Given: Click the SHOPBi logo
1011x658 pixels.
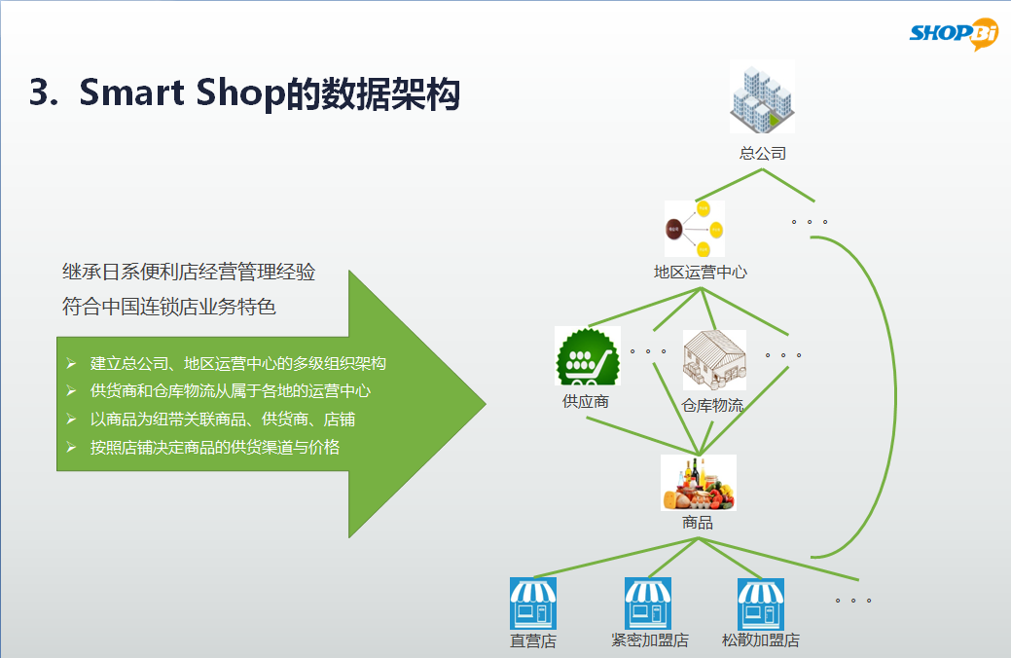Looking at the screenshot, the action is click(x=954, y=33).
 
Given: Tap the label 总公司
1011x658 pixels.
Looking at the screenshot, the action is click(x=763, y=154).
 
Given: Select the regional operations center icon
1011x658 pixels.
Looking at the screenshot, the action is click(x=695, y=229).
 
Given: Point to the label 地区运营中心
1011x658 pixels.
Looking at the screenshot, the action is click(x=701, y=273).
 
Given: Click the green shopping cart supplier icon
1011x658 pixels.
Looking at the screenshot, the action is click(x=588, y=356).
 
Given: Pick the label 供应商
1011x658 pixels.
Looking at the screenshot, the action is click(x=586, y=401).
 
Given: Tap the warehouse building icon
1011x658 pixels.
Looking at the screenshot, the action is click(x=714, y=360).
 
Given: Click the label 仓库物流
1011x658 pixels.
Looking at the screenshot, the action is click(x=712, y=405).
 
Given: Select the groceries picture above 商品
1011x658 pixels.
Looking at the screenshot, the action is click(x=699, y=483).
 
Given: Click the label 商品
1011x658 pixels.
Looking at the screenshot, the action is click(x=698, y=523).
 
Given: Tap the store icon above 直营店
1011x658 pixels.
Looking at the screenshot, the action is click(x=533, y=603).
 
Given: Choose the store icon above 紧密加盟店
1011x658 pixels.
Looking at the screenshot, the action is click(x=648, y=603).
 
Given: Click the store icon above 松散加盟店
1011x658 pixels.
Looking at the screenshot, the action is click(x=761, y=603).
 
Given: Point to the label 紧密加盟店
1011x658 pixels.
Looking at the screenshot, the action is click(x=650, y=640).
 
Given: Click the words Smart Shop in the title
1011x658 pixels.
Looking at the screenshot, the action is click(x=182, y=92).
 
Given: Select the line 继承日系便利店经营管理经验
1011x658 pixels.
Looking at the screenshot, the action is click(x=188, y=273).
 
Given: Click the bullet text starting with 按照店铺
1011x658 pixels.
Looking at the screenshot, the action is click(x=215, y=447).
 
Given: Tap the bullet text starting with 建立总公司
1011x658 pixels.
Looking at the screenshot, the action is click(x=238, y=363).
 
